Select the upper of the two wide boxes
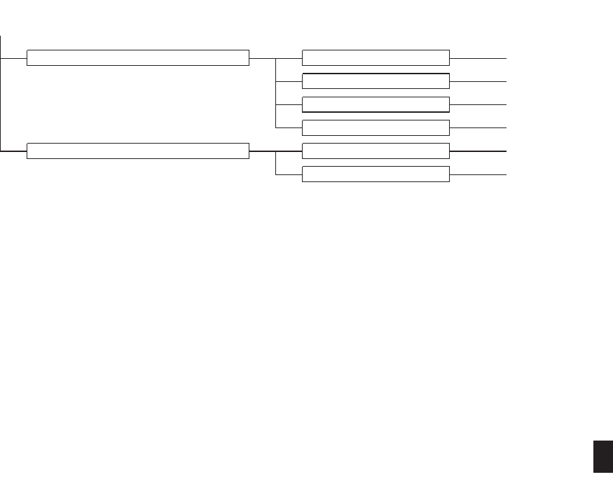[138, 57]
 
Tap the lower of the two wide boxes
[138, 151]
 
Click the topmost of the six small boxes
[376, 57]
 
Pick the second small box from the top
[376, 81]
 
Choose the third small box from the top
[376, 104]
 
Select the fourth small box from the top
[376, 127]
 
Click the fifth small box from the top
[376, 151]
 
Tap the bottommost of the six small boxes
[376, 174]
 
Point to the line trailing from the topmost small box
[478, 57]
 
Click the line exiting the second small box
[478, 81]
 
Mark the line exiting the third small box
[478, 104]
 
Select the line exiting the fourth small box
[478, 127]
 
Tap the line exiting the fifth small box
[478, 151]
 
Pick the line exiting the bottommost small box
[478, 174]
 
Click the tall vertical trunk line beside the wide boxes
[1, 98]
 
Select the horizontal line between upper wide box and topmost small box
[263, 57]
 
